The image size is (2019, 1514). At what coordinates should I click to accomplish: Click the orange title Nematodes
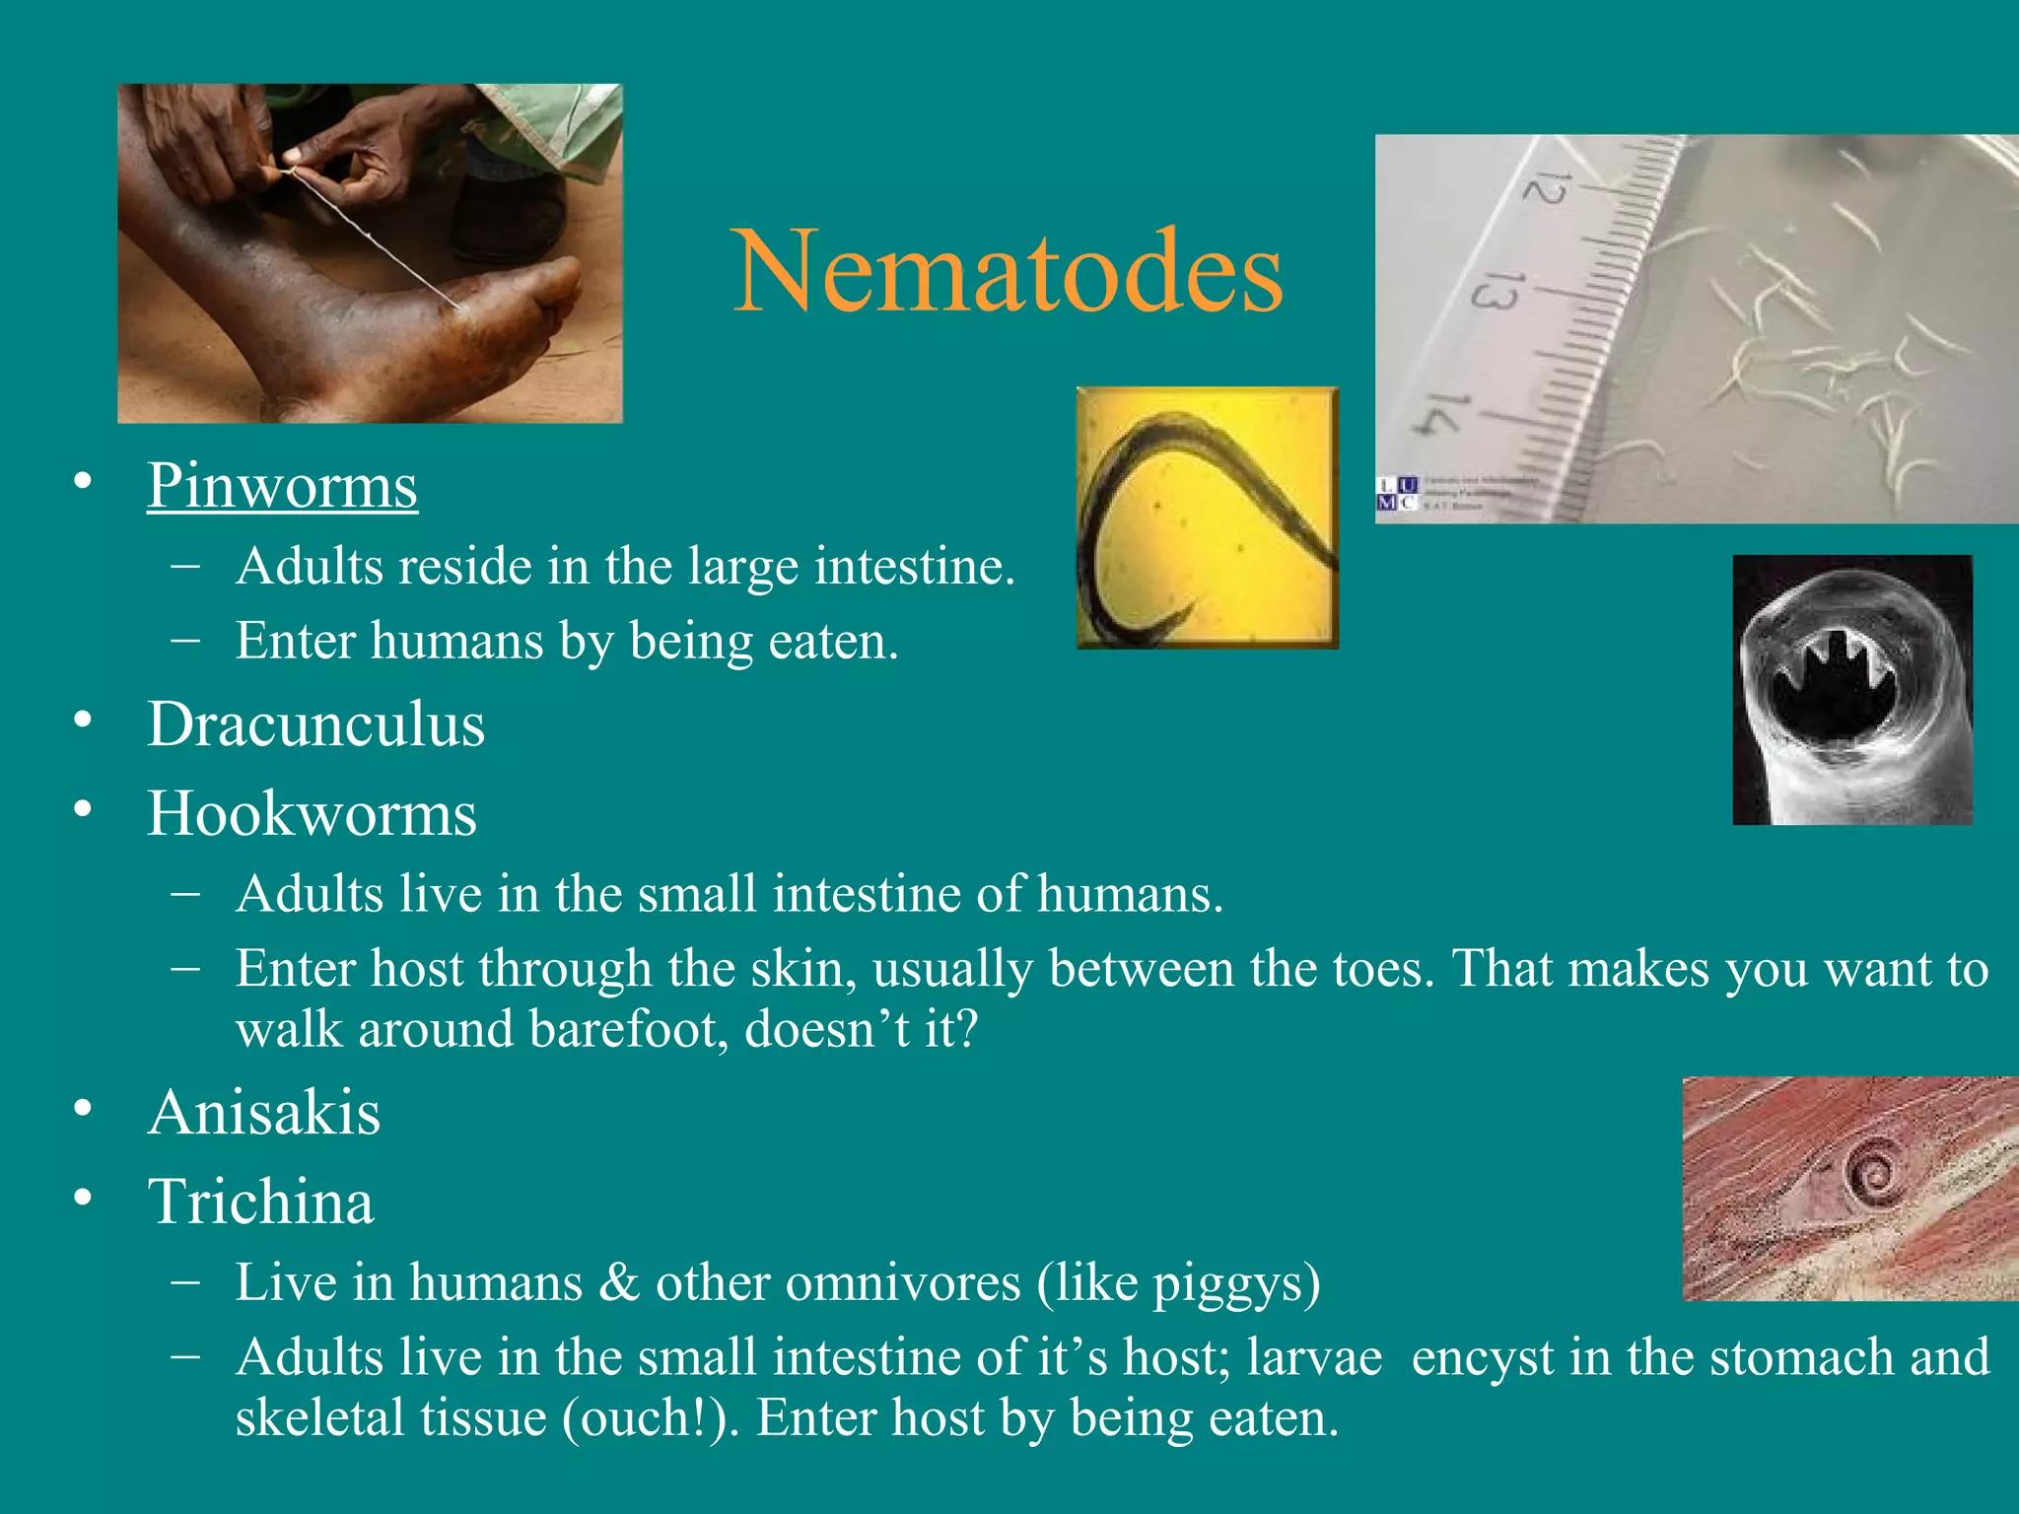[x=1008, y=271]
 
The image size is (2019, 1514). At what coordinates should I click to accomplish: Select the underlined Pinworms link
[x=283, y=486]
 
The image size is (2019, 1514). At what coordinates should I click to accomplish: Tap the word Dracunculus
[x=316, y=724]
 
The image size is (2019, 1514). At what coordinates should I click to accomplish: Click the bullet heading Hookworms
[x=312, y=814]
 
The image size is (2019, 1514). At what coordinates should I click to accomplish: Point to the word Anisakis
[x=264, y=1113]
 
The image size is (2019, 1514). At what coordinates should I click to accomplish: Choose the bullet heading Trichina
[x=261, y=1202]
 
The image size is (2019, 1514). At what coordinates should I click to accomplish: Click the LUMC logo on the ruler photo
[x=1397, y=494]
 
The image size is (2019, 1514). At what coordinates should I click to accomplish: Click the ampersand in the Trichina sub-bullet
[x=619, y=1283]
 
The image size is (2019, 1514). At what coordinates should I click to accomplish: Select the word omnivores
[x=838, y=1283]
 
